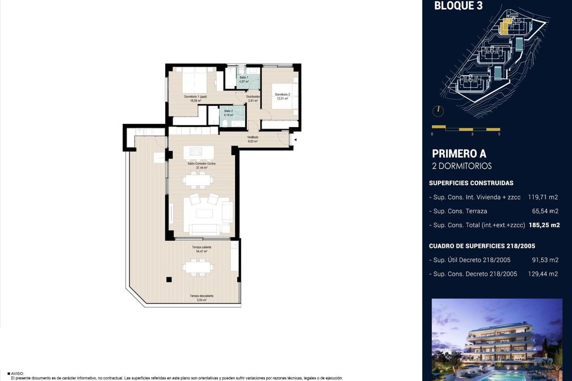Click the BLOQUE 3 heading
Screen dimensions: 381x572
pos(458,6)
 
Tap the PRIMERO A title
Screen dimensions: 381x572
pos(459,153)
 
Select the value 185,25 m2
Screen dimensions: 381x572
pos(544,225)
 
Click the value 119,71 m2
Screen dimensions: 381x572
pos(543,197)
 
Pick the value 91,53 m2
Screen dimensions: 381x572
pos(545,260)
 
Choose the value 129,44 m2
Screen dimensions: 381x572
pos(543,274)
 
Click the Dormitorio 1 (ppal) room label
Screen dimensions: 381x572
pos(195,97)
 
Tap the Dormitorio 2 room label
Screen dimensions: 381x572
pos(282,95)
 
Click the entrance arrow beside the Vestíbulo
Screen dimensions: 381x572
pos(296,140)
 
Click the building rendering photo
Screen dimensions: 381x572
pos(497,339)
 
